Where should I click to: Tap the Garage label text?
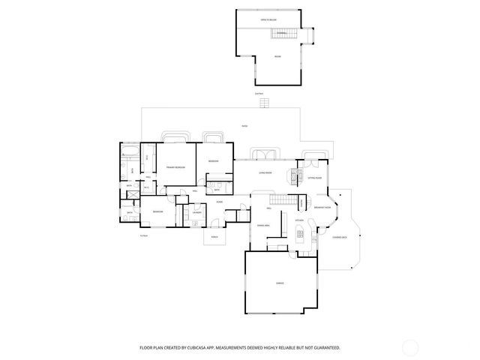[x=279, y=283]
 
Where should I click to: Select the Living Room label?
[x=265, y=172]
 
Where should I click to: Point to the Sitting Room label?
[x=315, y=178]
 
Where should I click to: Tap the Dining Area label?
[x=263, y=224]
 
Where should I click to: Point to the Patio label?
[x=244, y=125]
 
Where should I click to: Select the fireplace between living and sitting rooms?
[x=292, y=175]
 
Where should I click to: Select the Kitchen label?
[x=298, y=220]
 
